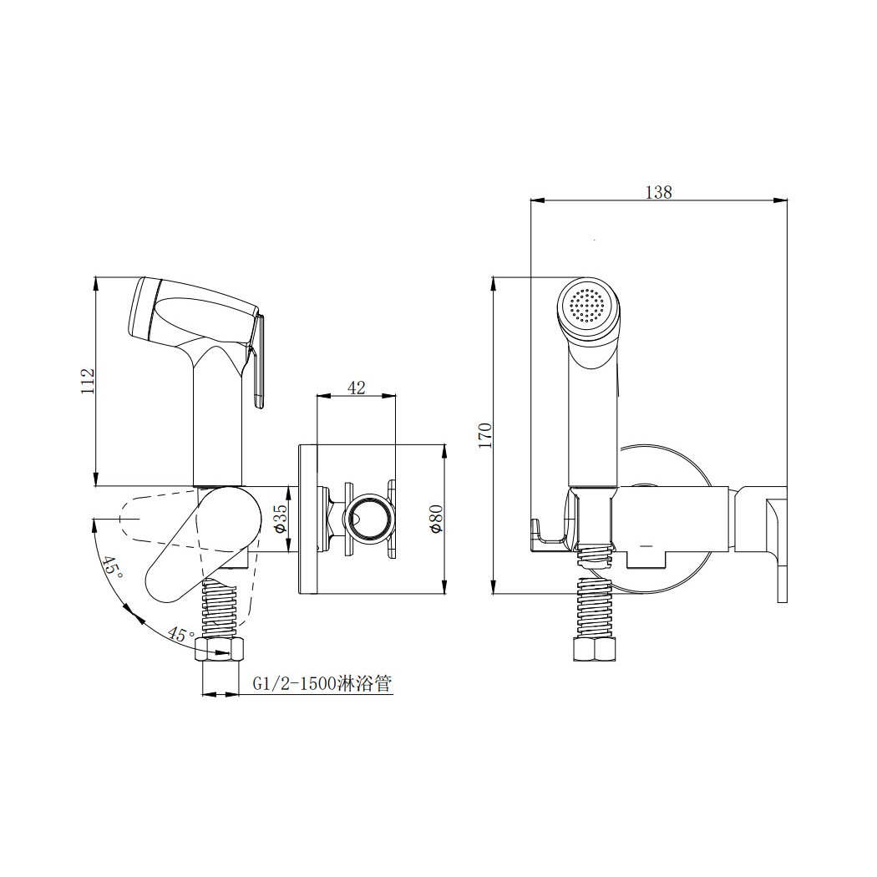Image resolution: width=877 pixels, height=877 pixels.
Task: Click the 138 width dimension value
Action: point(658,192)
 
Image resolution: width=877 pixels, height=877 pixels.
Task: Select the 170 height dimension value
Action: point(484,434)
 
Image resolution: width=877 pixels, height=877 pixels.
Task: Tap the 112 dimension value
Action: point(89,381)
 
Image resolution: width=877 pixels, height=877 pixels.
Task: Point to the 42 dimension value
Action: point(357,387)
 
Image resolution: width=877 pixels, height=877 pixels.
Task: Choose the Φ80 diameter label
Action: point(436,520)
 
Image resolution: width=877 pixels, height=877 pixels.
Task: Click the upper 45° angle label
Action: point(111,570)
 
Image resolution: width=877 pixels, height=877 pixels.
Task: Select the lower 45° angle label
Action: point(182,634)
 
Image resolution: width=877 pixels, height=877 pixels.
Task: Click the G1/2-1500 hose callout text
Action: point(322,683)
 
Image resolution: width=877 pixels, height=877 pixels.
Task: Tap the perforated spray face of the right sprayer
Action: point(586,305)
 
